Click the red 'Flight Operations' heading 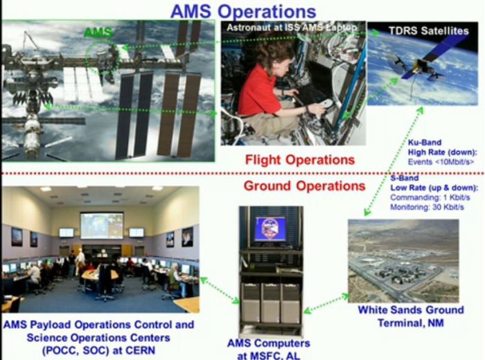[x=300, y=160]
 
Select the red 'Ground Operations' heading [x=303, y=186]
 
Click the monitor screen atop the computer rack [x=270, y=228]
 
